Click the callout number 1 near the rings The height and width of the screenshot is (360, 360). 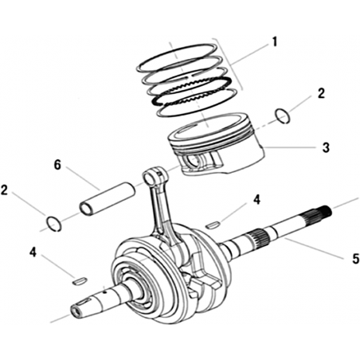(x=275, y=42)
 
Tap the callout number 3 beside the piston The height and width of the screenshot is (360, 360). (x=326, y=147)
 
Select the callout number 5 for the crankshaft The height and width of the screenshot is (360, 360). (x=355, y=259)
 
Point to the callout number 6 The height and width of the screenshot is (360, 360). (x=57, y=165)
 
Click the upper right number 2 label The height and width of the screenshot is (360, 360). (x=321, y=93)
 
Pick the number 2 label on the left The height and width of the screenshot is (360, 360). (x=4, y=190)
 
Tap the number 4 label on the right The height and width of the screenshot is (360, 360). (x=256, y=199)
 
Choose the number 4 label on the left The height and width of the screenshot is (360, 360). (x=33, y=252)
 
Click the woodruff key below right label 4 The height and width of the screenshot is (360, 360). (x=212, y=225)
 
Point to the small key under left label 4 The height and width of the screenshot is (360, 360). (x=80, y=280)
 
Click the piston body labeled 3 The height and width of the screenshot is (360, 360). (x=216, y=145)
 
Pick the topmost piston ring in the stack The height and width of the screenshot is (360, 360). (x=177, y=57)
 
